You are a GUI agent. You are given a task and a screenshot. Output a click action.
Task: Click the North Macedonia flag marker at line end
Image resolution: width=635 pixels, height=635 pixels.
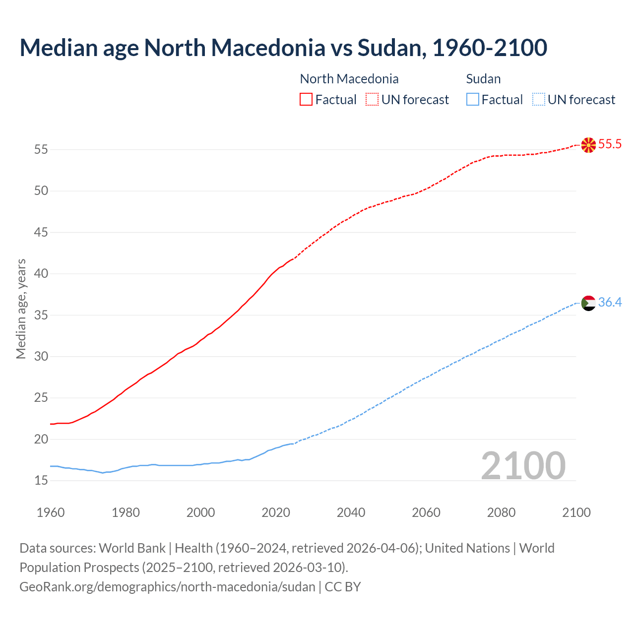[x=588, y=145]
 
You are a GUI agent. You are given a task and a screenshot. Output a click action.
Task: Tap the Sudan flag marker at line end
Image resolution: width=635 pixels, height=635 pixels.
[x=588, y=303]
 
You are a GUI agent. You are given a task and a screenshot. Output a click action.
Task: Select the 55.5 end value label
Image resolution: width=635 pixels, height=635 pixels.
[x=610, y=144]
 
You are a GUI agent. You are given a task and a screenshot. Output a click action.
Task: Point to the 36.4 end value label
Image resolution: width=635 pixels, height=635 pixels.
[x=610, y=302]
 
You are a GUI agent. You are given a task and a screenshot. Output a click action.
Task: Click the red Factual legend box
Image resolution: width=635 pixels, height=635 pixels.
[x=306, y=100]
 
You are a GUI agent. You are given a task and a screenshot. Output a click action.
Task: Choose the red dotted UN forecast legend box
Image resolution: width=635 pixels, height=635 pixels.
[x=372, y=100]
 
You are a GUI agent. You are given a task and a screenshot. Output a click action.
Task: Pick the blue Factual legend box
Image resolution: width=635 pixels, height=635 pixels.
[x=473, y=100]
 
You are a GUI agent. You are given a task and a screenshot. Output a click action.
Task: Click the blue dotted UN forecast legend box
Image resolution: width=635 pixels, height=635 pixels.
[x=538, y=100]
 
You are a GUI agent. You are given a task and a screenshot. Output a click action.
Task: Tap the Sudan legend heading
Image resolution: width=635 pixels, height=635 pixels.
[x=483, y=79]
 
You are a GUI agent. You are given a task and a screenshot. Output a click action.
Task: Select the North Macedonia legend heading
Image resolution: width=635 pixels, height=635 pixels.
[x=349, y=79]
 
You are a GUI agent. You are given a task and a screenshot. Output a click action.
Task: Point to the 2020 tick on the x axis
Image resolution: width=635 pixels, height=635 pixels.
[x=276, y=512]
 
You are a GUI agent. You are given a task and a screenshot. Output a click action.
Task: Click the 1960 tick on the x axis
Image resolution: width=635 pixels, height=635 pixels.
[x=51, y=512]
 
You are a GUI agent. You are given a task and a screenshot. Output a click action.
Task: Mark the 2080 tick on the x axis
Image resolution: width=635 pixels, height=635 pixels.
[x=501, y=512]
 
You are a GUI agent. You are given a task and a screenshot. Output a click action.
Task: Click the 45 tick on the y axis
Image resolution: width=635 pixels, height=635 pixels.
[x=41, y=232]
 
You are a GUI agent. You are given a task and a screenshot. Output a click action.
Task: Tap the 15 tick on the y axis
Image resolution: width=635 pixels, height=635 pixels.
[x=41, y=480]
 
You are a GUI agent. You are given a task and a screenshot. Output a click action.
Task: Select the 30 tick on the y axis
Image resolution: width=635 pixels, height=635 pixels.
[x=41, y=356]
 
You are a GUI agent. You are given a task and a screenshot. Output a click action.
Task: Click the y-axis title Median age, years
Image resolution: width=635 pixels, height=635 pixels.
[x=21, y=309]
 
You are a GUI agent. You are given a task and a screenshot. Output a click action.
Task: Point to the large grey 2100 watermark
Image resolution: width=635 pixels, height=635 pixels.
[x=523, y=465]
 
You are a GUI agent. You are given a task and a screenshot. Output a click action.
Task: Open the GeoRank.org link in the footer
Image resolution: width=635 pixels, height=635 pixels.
[x=167, y=587]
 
